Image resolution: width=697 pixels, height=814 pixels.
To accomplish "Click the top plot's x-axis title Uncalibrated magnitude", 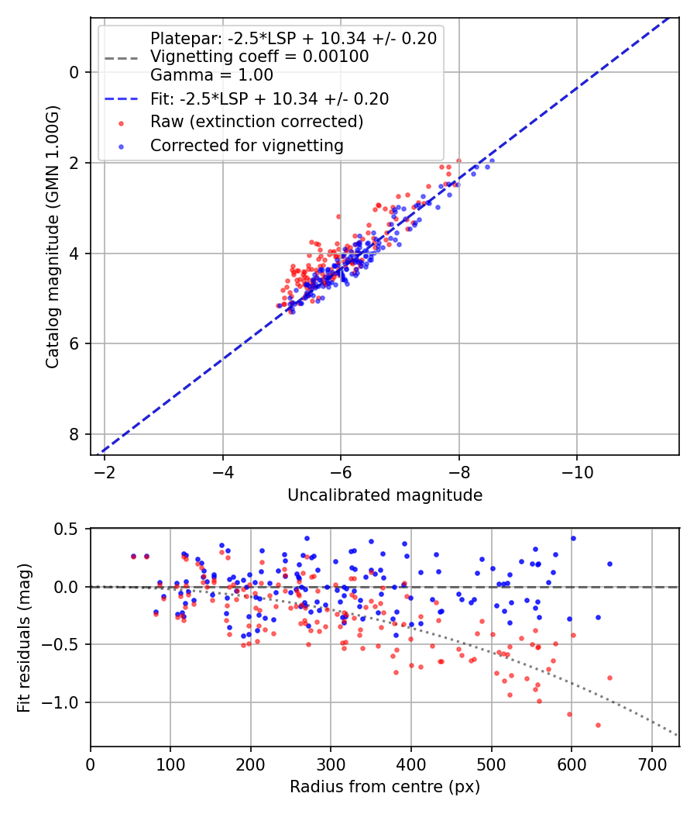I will pos(385,495).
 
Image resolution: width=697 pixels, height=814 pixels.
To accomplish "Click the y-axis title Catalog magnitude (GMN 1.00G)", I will pos(53,236).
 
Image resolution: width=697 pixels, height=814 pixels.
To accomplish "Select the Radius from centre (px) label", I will pos(385,787).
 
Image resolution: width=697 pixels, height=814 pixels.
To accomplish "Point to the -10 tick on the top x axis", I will pos(577,471).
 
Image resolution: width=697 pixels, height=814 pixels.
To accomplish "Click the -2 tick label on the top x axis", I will pos(105,471).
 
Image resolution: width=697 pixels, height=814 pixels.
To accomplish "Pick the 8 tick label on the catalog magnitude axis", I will pos(74,434).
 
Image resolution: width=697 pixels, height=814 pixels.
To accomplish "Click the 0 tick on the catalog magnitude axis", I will pos(74,72).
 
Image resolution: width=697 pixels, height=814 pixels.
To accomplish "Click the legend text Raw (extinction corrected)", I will pos(256,122).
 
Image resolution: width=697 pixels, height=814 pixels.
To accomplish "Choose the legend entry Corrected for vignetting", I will pos(246,145).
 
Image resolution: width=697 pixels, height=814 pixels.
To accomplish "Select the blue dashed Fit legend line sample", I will pos(122,99).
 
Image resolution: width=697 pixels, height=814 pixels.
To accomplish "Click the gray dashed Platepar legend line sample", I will pos(122,57).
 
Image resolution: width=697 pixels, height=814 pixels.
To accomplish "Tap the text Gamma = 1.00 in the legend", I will pos(211,76).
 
